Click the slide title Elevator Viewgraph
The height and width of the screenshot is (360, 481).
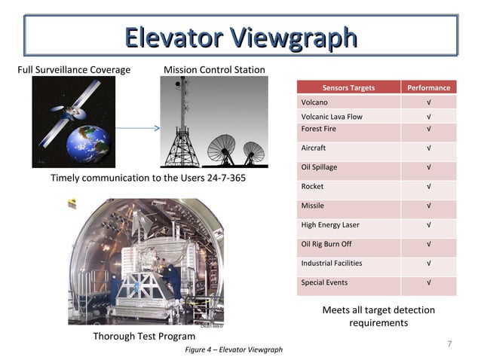pos(240,36)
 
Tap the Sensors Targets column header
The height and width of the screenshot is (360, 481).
pos(348,87)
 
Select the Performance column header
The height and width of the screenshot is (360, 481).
pos(428,87)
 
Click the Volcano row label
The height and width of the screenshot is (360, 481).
pos(314,102)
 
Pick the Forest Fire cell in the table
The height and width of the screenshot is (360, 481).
pos(319,129)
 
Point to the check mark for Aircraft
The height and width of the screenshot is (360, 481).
pos(428,148)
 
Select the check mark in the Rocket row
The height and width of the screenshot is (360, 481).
pos(428,186)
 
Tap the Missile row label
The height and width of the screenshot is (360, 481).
pos(313,206)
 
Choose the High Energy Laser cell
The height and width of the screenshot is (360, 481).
pos(330,224)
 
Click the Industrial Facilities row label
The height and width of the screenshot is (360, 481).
pos(332,263)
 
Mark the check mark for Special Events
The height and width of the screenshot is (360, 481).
pos(428,282)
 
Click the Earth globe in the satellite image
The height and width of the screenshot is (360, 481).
pos(88,143)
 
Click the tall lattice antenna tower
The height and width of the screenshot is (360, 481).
pos(182,124)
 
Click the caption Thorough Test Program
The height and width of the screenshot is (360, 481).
pos(144,336)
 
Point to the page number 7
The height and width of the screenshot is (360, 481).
pos(449,344)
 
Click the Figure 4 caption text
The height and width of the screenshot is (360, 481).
pos(234,349)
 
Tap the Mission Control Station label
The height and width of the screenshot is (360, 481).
pos(214,70)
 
